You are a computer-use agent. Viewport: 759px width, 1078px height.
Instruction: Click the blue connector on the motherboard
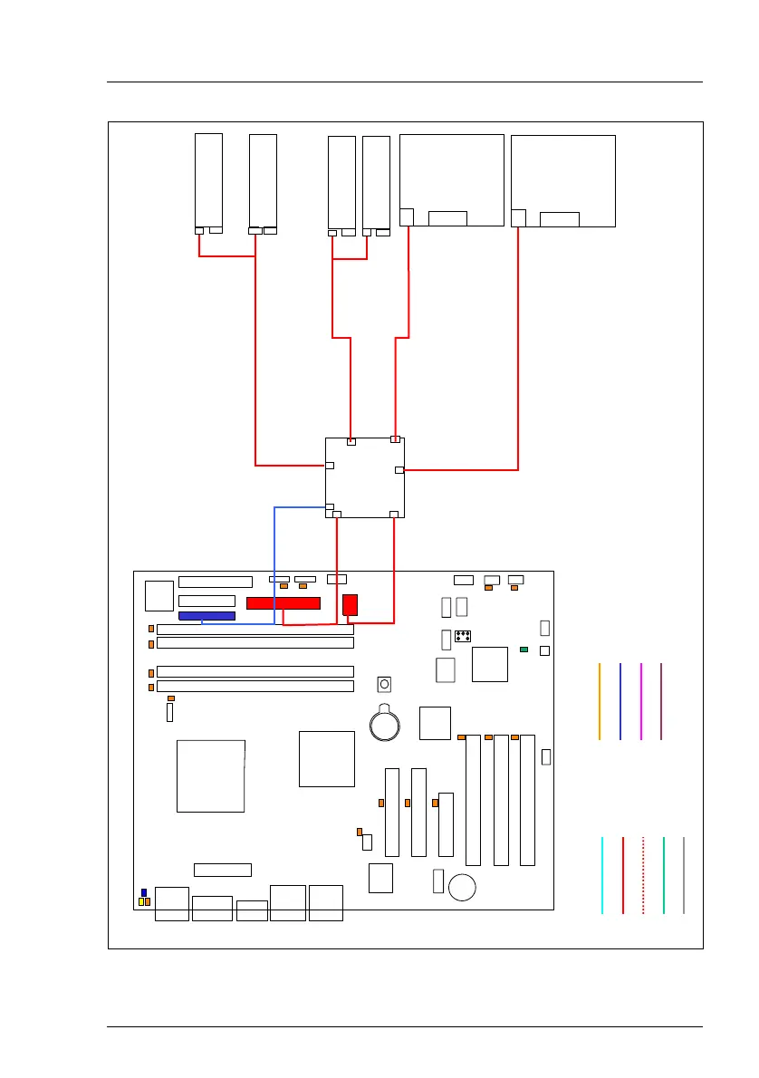click(207, 616)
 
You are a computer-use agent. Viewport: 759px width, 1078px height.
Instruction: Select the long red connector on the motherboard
click(283, 603)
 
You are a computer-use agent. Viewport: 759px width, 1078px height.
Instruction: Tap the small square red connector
click(351, 604)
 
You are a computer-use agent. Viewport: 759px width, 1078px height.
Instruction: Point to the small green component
click(524, 650)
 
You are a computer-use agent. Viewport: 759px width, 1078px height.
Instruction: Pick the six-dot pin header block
click(463, 636)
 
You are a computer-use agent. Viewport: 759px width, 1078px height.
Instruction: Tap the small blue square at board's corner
click(143, 893)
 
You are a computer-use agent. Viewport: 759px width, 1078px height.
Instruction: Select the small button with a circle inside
click(384, 683)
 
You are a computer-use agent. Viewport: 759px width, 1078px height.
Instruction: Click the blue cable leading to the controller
click(274, 562)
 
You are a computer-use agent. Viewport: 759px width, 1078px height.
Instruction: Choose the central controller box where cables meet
click(365, 477)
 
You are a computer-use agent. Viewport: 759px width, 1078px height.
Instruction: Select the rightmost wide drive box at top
click(563, 180)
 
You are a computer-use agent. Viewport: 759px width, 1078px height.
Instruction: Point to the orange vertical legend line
click(600, 701)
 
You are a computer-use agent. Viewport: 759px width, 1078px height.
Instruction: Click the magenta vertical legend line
click(640, 701)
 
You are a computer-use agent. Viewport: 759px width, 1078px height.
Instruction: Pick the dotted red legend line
click(643, 875)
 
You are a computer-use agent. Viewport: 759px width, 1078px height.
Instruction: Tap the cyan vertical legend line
click(602, 875)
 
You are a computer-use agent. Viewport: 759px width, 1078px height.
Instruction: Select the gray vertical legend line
click(684, 875)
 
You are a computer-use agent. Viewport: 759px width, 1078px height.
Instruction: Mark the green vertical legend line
click(664, 875)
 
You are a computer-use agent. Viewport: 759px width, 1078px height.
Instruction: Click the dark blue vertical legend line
click(620, 701)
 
